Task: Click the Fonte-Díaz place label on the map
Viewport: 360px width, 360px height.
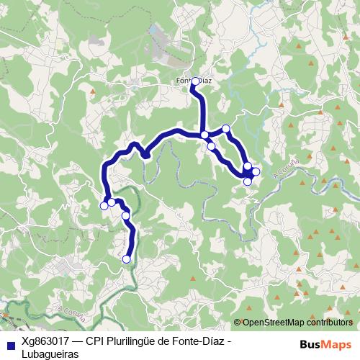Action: (194, 81)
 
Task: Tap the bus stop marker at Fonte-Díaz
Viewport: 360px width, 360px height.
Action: (195, 81)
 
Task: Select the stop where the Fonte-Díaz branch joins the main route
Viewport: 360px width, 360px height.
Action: (204, 135)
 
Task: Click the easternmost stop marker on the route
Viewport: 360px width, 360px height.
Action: (256, 171)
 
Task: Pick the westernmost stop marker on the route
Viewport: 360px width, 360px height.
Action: (104, 206)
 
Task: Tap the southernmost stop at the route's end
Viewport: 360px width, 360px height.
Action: (127, 259)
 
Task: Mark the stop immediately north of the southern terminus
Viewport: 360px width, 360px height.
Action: (125, 215)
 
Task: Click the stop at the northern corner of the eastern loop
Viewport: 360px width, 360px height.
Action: (226, 129)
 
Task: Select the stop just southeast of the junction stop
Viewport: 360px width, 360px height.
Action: (211, 146)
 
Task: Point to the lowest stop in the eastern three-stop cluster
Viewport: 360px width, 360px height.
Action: (248, 181)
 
